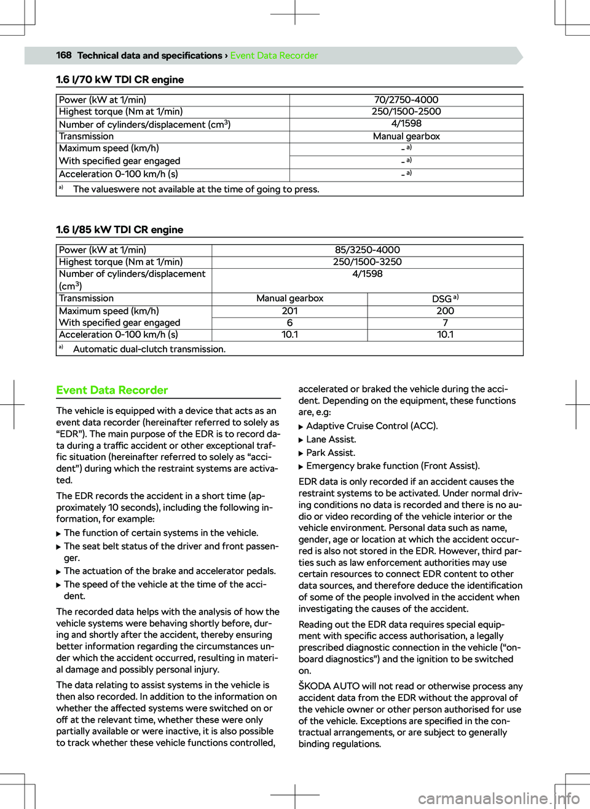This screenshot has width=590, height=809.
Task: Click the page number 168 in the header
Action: [64, 55]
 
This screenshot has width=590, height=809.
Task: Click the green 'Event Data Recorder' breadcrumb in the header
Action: [274, 55]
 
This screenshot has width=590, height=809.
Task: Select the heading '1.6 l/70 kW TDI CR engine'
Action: [120, 79]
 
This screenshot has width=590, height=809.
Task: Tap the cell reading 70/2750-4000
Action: [406, 100]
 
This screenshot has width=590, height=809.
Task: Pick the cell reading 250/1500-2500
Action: [406, 111]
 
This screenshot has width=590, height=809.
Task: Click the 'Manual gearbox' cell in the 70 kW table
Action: [406, 137]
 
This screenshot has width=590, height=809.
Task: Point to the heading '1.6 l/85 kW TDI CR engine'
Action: [120, 229]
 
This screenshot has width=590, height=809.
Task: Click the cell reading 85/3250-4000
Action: [368, 250]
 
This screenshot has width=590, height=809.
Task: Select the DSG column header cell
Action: [445, 298]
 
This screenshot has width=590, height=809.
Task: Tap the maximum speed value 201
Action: [289, 311]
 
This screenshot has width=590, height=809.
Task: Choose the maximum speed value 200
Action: [445, 311]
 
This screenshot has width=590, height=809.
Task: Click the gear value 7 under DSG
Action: [445, 323]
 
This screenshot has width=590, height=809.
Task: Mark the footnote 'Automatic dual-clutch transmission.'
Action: [149, 349]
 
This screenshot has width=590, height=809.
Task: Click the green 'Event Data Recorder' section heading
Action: [112, 390]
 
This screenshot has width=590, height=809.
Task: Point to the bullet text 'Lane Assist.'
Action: [331, 439]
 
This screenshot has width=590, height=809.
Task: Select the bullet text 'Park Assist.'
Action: [330, 453]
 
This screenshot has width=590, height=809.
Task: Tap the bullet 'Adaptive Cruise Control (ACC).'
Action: [372, 426]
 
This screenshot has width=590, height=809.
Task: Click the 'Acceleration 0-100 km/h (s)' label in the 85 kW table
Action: [119, 335]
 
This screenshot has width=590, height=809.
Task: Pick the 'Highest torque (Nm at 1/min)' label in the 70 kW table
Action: [121, 111]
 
